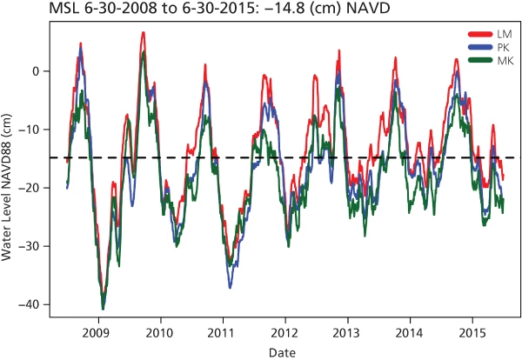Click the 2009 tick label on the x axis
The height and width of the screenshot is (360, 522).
tap(97, 332)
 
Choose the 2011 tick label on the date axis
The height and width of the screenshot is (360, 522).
tap(222, 332)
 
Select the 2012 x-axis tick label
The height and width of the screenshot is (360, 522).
tap(284, 332)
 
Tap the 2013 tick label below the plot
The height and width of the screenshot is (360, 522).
tap(347, 332)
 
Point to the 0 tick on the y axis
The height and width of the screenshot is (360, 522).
tap(36, 71)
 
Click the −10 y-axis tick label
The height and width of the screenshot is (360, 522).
tap(31, 130)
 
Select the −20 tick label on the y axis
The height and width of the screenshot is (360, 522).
tap(31, 188)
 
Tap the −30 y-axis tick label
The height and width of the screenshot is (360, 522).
tap(31, 246)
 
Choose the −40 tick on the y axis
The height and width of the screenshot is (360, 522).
tap(31, 304)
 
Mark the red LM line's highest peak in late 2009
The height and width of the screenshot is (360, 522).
tap(144, 33)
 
